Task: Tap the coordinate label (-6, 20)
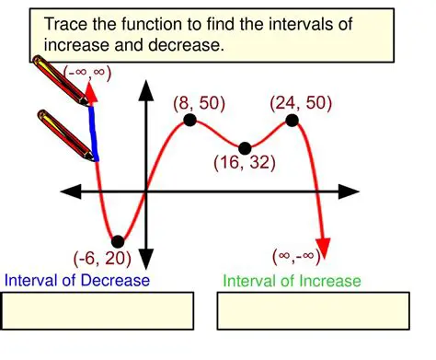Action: coord(100,259)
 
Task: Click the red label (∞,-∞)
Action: coord(304,255)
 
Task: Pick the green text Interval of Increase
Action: coord(292,281)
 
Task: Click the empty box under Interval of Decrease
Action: coord(98,310)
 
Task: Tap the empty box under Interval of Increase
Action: coord(313,310)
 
